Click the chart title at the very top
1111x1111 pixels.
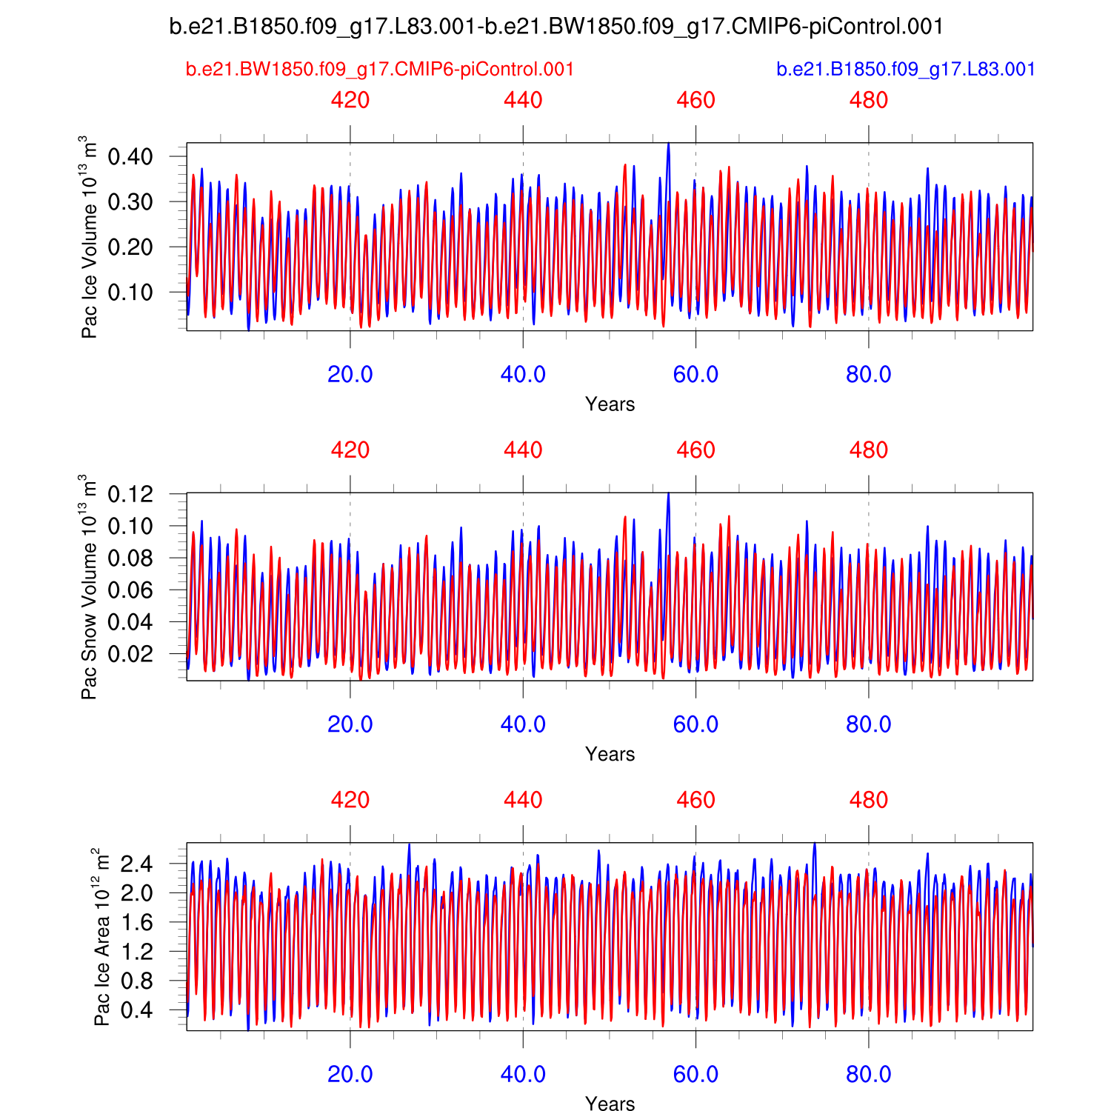556,27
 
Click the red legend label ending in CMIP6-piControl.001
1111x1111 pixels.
380,70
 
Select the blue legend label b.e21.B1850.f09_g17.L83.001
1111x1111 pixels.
905,70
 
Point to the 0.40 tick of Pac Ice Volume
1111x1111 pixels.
130,156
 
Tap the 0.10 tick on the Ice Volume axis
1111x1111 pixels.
130,292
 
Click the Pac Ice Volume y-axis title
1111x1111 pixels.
88,237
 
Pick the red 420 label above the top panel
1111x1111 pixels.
350,100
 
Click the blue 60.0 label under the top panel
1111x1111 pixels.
695,374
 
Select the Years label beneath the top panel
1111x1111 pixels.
610,404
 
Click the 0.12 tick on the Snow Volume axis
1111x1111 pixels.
130,493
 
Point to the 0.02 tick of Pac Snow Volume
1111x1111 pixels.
130,653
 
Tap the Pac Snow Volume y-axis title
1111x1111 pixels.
88,587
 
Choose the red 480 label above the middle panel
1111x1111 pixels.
868,450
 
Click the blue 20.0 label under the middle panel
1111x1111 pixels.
350,724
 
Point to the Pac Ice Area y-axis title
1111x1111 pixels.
101,937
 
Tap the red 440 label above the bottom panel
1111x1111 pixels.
523,800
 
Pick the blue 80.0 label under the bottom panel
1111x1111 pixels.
868,1074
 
